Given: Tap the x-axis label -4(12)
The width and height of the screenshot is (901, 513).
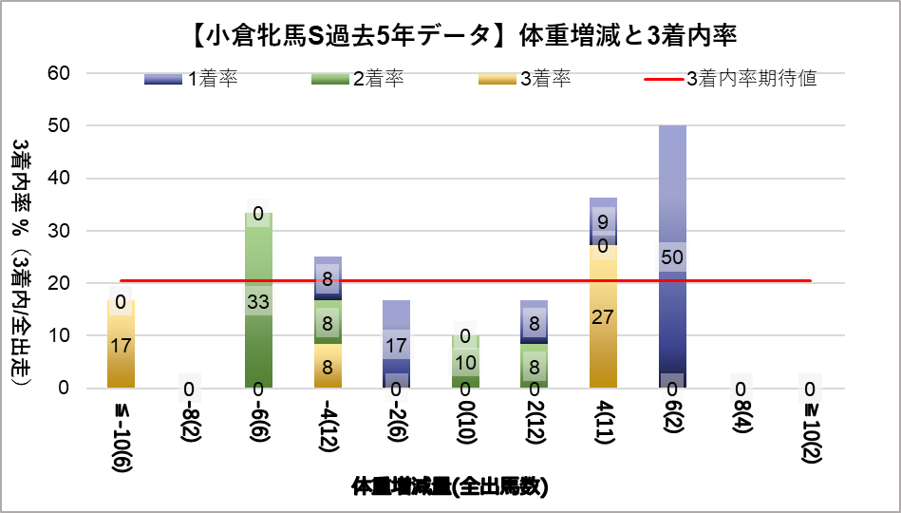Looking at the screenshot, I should click(328, 431).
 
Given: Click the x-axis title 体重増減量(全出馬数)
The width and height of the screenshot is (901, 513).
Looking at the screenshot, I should click(450, 487).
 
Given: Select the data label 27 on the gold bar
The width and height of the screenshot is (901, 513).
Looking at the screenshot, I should click(603, 316).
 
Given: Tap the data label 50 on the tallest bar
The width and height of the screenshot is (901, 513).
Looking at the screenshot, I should click(671, 257).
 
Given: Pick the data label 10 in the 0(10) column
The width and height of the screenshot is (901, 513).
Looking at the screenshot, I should click(465, 362).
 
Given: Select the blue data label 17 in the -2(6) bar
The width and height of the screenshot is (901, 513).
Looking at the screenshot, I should click(396, 345).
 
